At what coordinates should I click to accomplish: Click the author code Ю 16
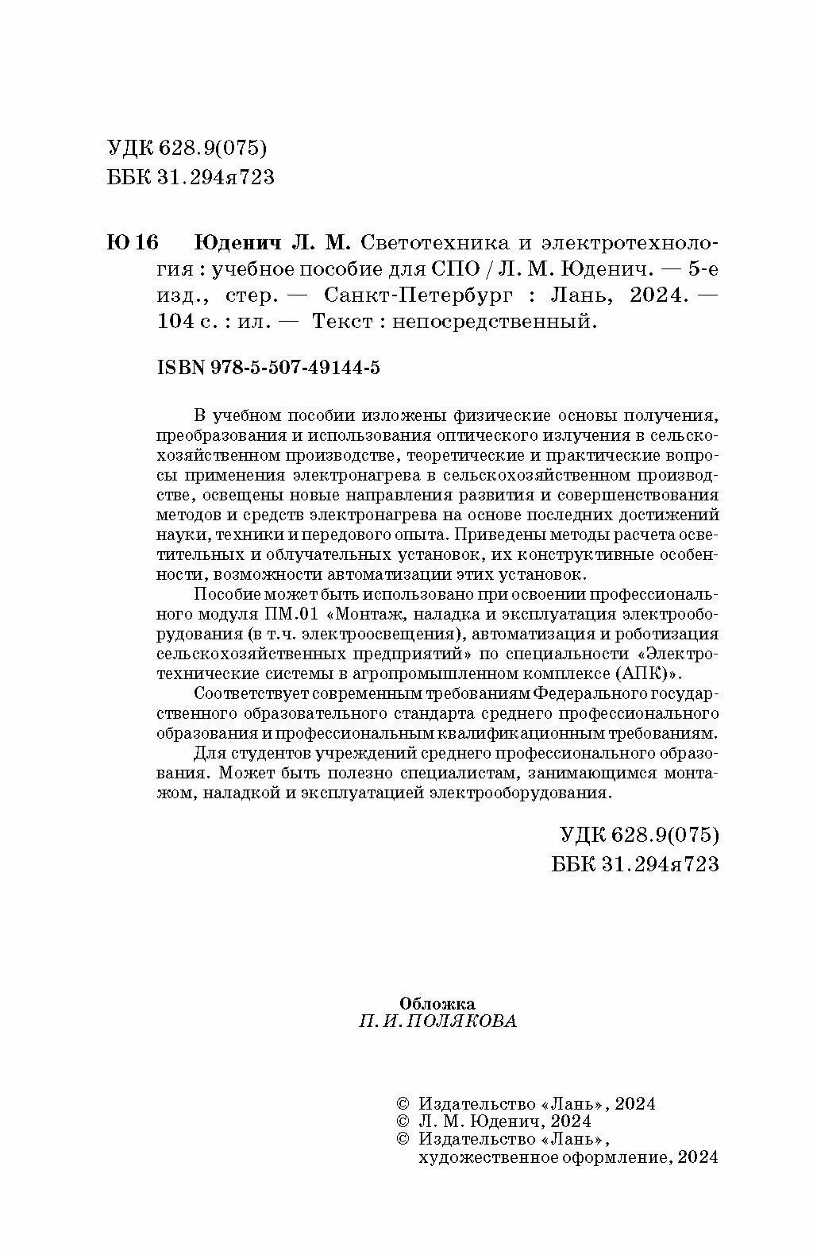133,241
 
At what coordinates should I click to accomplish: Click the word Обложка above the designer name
437,1004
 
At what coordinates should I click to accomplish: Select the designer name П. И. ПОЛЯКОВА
437,1022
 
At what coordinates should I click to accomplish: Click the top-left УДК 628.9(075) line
185,149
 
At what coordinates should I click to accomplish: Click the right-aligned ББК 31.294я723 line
634,863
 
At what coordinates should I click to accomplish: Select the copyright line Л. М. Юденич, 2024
504,1122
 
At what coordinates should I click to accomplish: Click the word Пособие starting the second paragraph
226,595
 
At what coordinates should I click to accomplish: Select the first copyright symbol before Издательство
402,1103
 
